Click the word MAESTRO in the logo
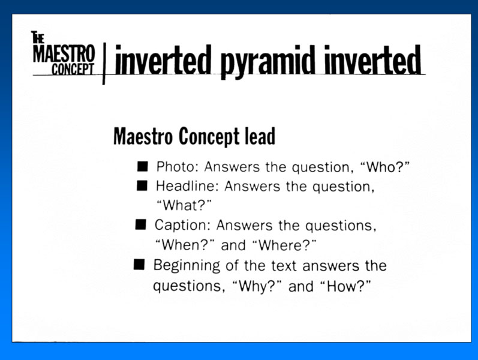[64, 54]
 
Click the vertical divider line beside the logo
[104, 64]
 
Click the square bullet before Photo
[142, 167]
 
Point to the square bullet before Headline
[142, 185]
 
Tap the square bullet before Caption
[141, 224]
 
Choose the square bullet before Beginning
[139, 265]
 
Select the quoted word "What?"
[184, 205]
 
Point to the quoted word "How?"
[345, 286]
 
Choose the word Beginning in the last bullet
[187, 266]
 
